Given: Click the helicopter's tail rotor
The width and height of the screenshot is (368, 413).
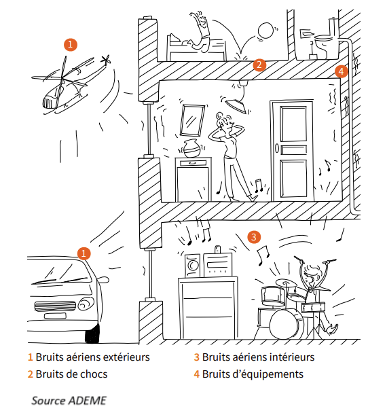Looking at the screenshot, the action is click(x=106, y=60).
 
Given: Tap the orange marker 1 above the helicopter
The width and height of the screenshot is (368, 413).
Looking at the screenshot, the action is click(x=71, y=44).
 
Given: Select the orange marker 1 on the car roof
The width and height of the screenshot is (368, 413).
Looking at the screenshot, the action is click(x=84, y=253).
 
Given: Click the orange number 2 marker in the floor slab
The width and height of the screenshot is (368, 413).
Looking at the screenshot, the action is click(x=259, y=65).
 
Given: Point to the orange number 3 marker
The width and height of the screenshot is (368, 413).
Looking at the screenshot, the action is click(x=254, y=237).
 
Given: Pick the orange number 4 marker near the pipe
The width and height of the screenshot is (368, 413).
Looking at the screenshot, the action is click(x=342, y=71).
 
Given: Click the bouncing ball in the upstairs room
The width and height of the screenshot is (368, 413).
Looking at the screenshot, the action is click(x=265, y=31).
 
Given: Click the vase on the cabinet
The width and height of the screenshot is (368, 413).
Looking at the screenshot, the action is click(x=191, y=149).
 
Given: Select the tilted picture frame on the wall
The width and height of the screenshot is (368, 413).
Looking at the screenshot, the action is click(x=192, y=120).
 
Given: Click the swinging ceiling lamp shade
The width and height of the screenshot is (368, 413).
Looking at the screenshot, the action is click(x=236, y=105).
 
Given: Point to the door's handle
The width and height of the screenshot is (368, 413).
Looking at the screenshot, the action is click(x=277, y=148).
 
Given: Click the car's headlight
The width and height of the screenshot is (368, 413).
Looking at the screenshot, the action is click(x=86, y=304).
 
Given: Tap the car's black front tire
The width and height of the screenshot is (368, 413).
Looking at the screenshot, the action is click(x=92, y=334).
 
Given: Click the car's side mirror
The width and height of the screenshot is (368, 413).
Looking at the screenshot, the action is click(x=103, y=279).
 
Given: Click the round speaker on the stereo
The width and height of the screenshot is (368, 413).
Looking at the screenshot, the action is click(x=193, y=265).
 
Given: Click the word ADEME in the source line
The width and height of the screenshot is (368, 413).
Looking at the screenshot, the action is click(x=88, y=400).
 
